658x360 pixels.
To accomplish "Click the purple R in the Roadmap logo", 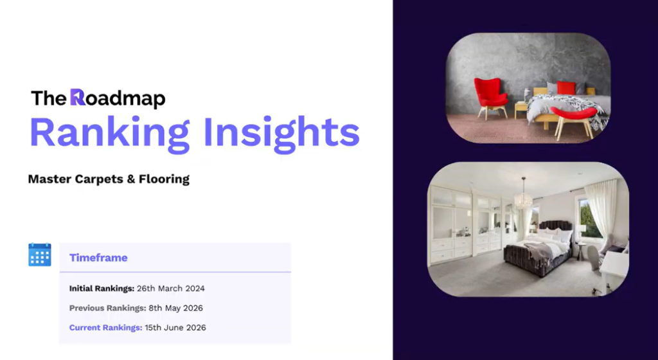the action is coord(77,97).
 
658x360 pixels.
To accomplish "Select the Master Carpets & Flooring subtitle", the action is coord(109,179).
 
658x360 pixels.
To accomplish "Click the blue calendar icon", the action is coord(40,255).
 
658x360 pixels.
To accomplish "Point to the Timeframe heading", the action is coord(98,258).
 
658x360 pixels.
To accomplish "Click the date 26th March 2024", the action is coord(171,289).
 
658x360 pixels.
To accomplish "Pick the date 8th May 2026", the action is coord(176,309).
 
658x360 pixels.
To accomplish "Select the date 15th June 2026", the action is coord(175,328).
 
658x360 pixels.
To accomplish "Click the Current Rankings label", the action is coord(106,328).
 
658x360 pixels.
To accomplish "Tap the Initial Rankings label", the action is coord(102,289).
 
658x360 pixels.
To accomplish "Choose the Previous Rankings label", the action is coord(108,309).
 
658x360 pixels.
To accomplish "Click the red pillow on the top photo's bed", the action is coord(566,88).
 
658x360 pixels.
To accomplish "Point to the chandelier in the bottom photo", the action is coord(523,195).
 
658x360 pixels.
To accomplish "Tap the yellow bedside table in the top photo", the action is coord(521,110).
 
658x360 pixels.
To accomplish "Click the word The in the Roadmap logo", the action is coord(49,98).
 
